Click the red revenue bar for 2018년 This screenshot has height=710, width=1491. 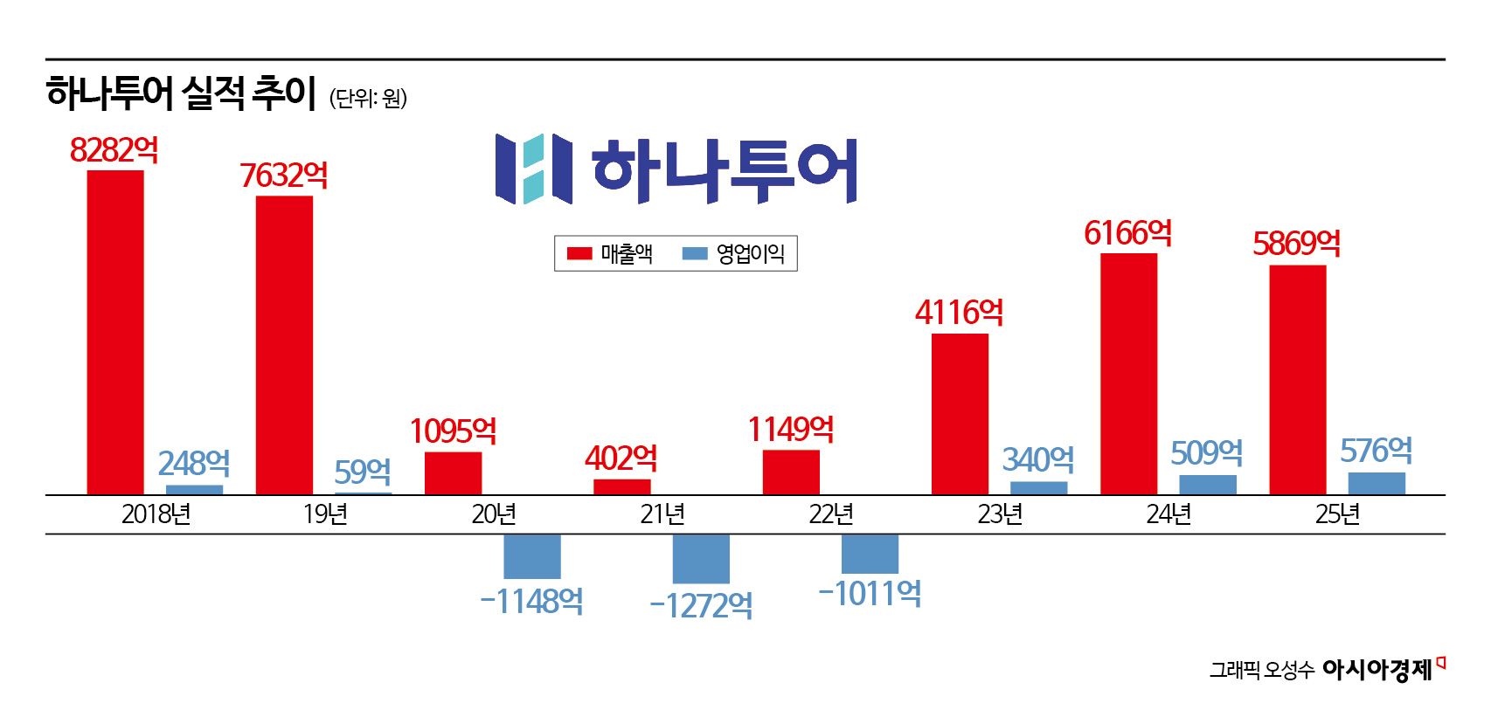[x=115, y=332]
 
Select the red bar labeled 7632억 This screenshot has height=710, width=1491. [x=284, y=345]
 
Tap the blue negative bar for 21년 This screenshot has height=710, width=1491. [x=701, y=559]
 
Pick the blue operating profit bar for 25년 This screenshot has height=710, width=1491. [x=1377, y=484]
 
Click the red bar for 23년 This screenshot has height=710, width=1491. [x=960, y=414]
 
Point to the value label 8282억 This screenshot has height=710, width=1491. [x=114, y=150]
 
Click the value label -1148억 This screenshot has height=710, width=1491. [x=531, y=601]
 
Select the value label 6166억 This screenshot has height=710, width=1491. [x=1127, y=233]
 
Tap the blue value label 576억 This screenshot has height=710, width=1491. [x=1376, y=451]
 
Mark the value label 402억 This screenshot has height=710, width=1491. [x=621, y=458]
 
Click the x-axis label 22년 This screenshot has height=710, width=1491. [x=830, y=514]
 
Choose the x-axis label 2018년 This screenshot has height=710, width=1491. [x=156, y=514]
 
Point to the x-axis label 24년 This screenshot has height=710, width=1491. [x=1169, y=514]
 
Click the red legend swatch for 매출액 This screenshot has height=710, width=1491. [x=579, y=254]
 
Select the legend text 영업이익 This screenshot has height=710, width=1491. [x=750, y=254]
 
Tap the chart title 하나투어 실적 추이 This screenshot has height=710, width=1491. [x=181, y=93]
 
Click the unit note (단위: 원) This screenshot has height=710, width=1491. [x=368, y=98]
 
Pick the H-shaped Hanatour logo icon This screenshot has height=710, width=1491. [x=533, y=169]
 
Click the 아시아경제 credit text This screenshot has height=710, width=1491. [x=1377, y=670]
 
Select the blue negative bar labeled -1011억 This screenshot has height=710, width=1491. [x=870, y=554]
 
